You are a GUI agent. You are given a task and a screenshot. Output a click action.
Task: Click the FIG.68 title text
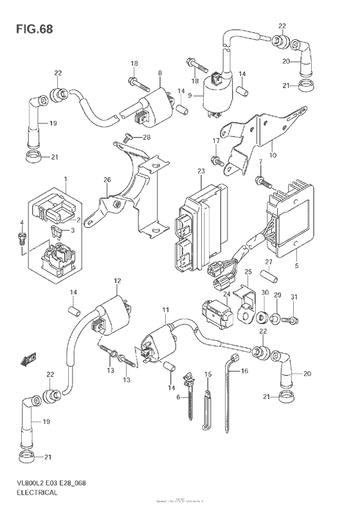coord(30,30)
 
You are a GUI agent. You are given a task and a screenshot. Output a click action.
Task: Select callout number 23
coord(201,171)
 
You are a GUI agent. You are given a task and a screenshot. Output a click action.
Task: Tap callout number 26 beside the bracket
coord(107,179)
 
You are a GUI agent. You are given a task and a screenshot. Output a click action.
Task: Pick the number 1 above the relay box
coord(65,178)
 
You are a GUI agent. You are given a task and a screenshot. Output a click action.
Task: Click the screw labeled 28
coord(127,136)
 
